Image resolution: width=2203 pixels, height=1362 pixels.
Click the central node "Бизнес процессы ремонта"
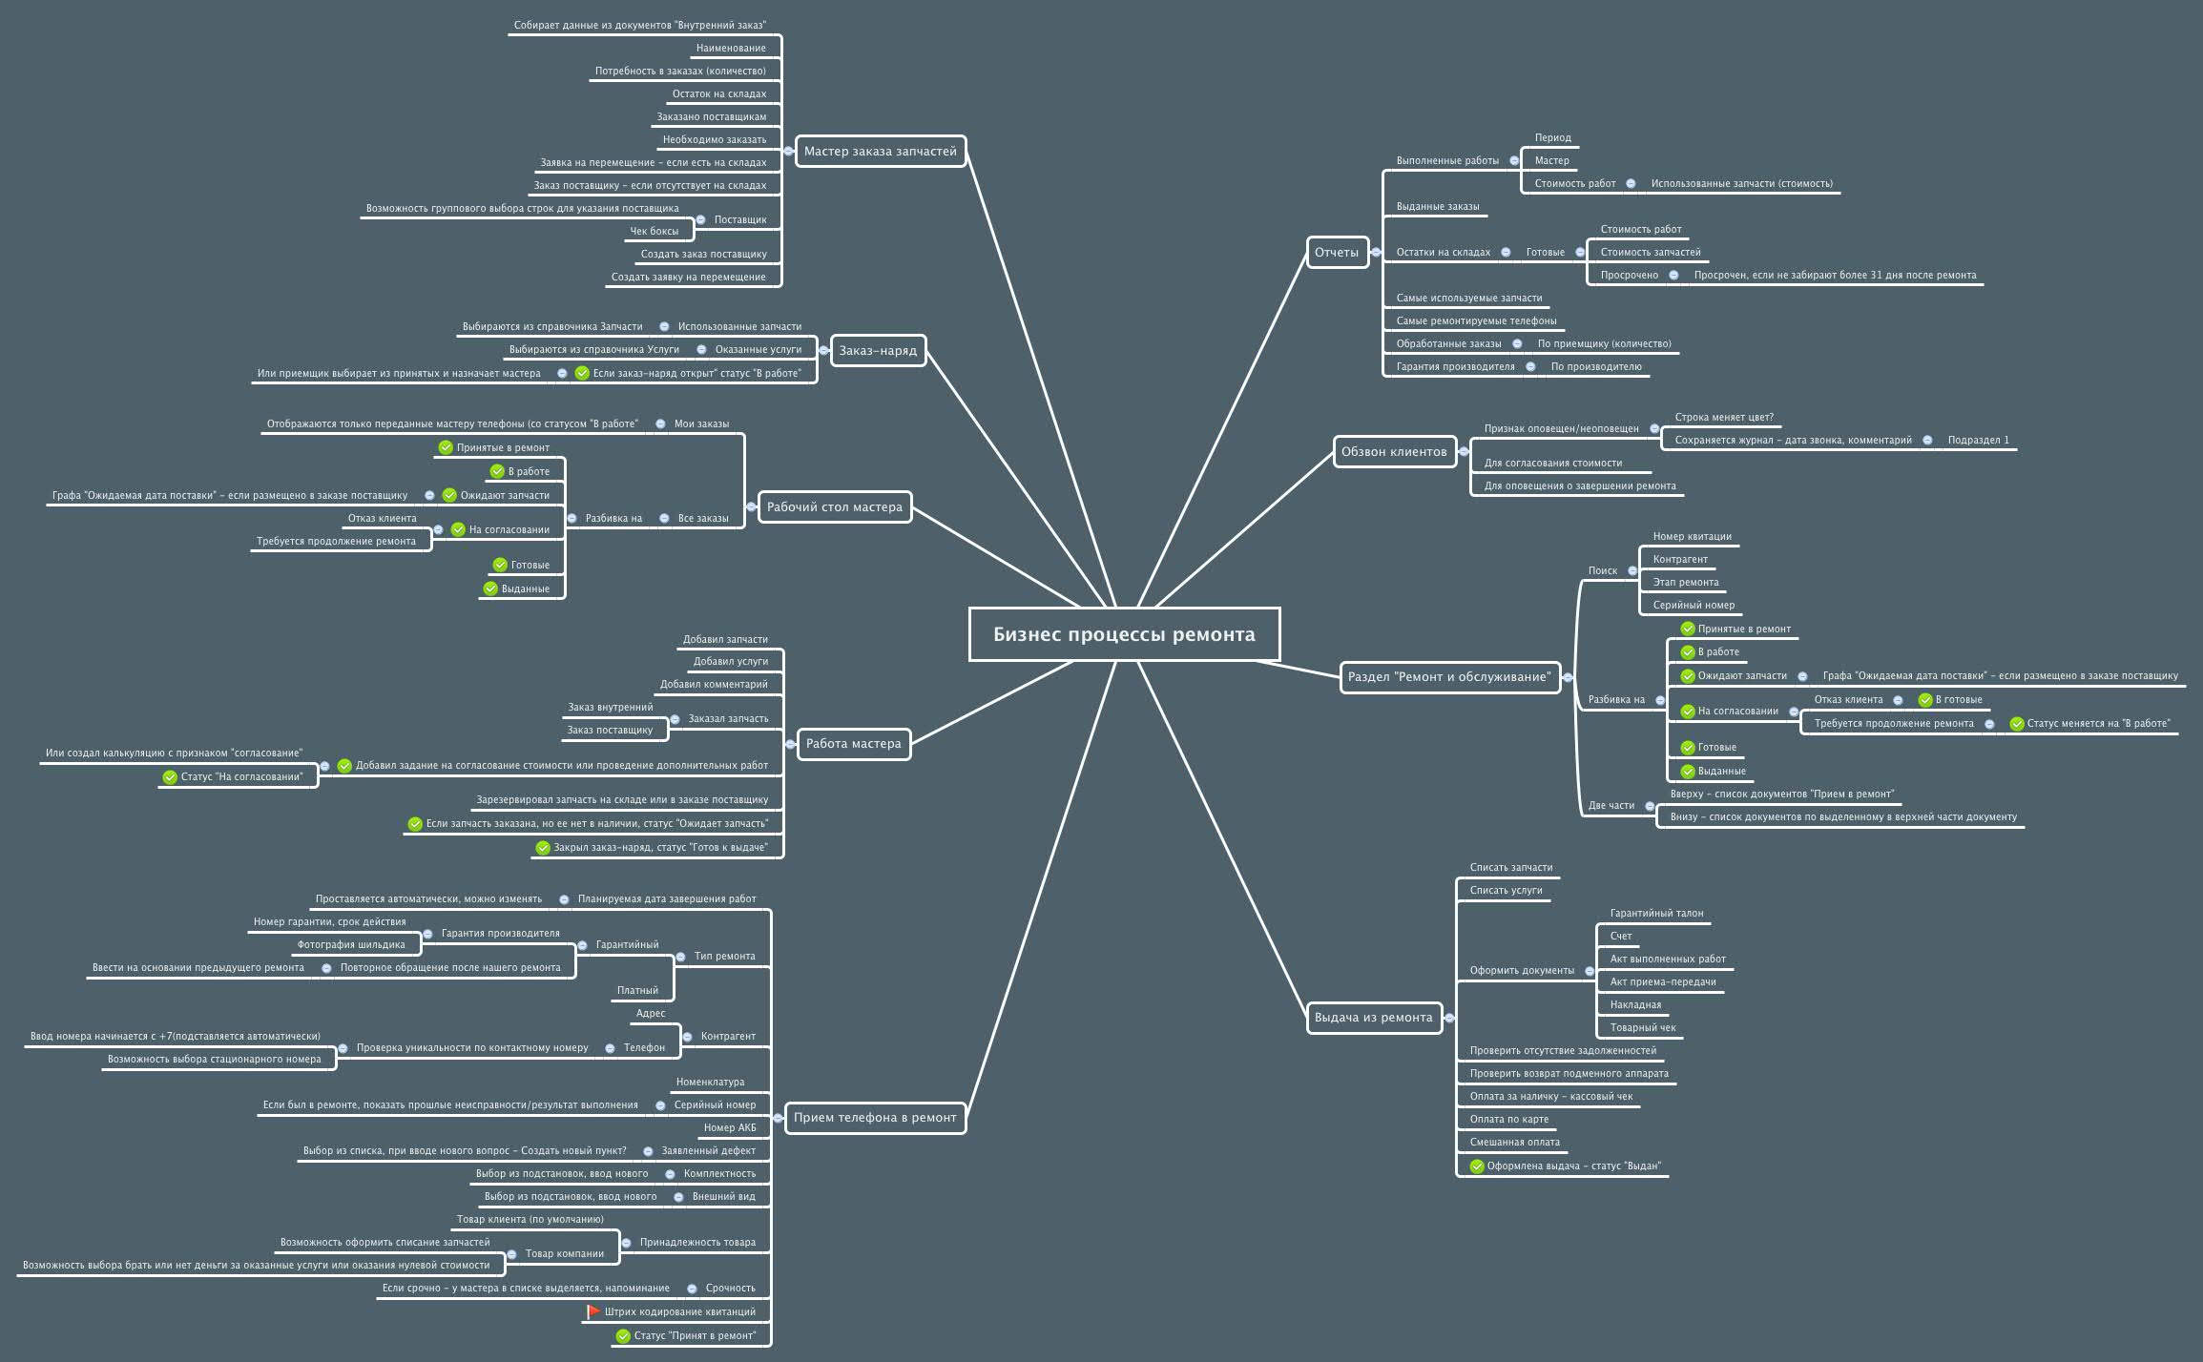[x=1124, y=634]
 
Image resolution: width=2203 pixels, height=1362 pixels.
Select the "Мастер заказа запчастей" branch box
[x=880, y=151]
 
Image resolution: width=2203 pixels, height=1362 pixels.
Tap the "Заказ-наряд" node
[x=878, y=350]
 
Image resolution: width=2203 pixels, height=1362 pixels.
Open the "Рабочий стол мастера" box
[x=834, y=506]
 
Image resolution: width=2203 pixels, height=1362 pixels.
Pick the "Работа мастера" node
[x=853, y=743]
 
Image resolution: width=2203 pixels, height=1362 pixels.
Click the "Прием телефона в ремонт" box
[x=875, y=1117]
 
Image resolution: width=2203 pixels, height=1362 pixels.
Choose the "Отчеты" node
[x=1336, y=252]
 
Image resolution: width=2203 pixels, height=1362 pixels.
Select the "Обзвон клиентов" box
[x=1394, y=451]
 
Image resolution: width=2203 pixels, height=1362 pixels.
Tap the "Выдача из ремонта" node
[x=1373, y=1017]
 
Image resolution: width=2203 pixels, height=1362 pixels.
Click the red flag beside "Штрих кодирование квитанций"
[x=592, y=1311]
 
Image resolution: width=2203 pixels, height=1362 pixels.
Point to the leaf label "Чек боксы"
[x=654, y=231]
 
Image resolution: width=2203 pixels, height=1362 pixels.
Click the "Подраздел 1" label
[x=1978, y=440]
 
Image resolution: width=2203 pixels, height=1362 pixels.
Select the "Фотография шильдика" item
[x=351, y=944]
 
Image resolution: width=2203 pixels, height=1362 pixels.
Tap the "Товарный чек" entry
[x=1642, y=1027]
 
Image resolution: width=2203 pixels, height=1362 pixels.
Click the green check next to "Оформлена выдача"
[x=1477, y=1166]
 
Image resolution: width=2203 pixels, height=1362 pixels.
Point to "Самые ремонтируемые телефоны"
[x=1476, y=320]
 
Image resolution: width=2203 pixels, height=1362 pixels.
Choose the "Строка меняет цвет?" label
[x=1724, y=417]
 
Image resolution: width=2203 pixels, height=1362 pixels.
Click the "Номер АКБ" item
[x=729, y=1127]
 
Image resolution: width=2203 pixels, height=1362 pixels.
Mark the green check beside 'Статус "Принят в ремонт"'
[x=623, y=1335]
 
